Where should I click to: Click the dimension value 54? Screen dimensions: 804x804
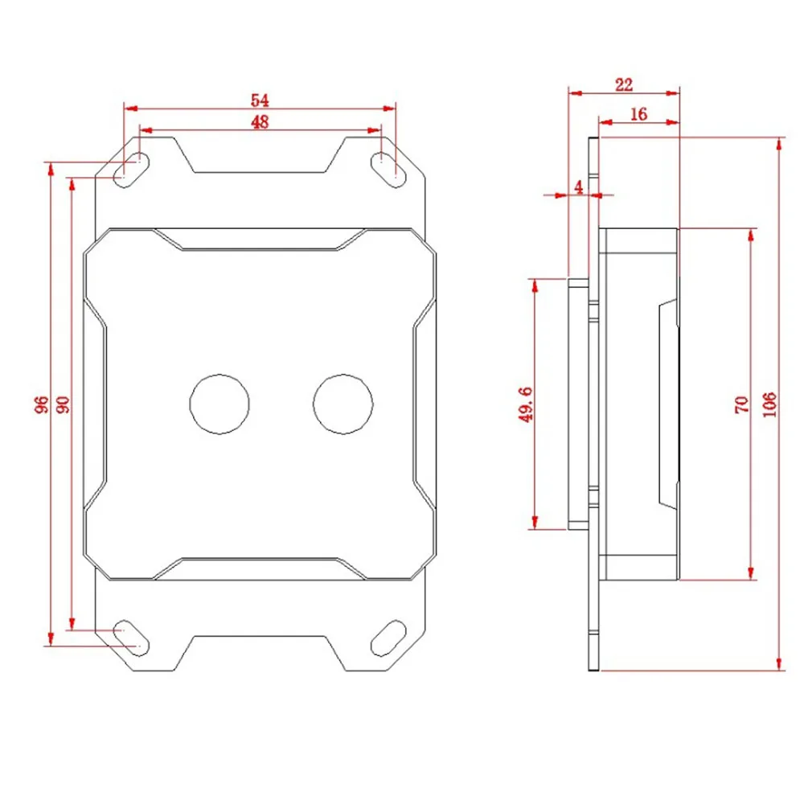pos(259,100)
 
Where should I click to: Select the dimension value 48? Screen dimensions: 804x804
pos(259,121)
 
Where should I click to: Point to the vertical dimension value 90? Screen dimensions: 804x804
pos(63,404)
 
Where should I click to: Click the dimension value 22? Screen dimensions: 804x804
pos(624,83)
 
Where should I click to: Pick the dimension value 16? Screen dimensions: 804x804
pos(639,114)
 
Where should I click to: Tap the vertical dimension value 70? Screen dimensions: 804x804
pos(741,404)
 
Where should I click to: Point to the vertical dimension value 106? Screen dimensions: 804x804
pos(768,404)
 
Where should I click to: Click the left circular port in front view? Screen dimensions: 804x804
pos(218,404)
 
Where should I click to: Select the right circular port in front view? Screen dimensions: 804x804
pos(343,404)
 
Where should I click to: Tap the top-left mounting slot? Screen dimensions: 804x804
pos(130,170)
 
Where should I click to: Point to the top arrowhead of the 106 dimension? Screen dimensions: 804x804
pos(778,144)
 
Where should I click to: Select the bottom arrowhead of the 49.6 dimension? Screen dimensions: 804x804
pos(533,523)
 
